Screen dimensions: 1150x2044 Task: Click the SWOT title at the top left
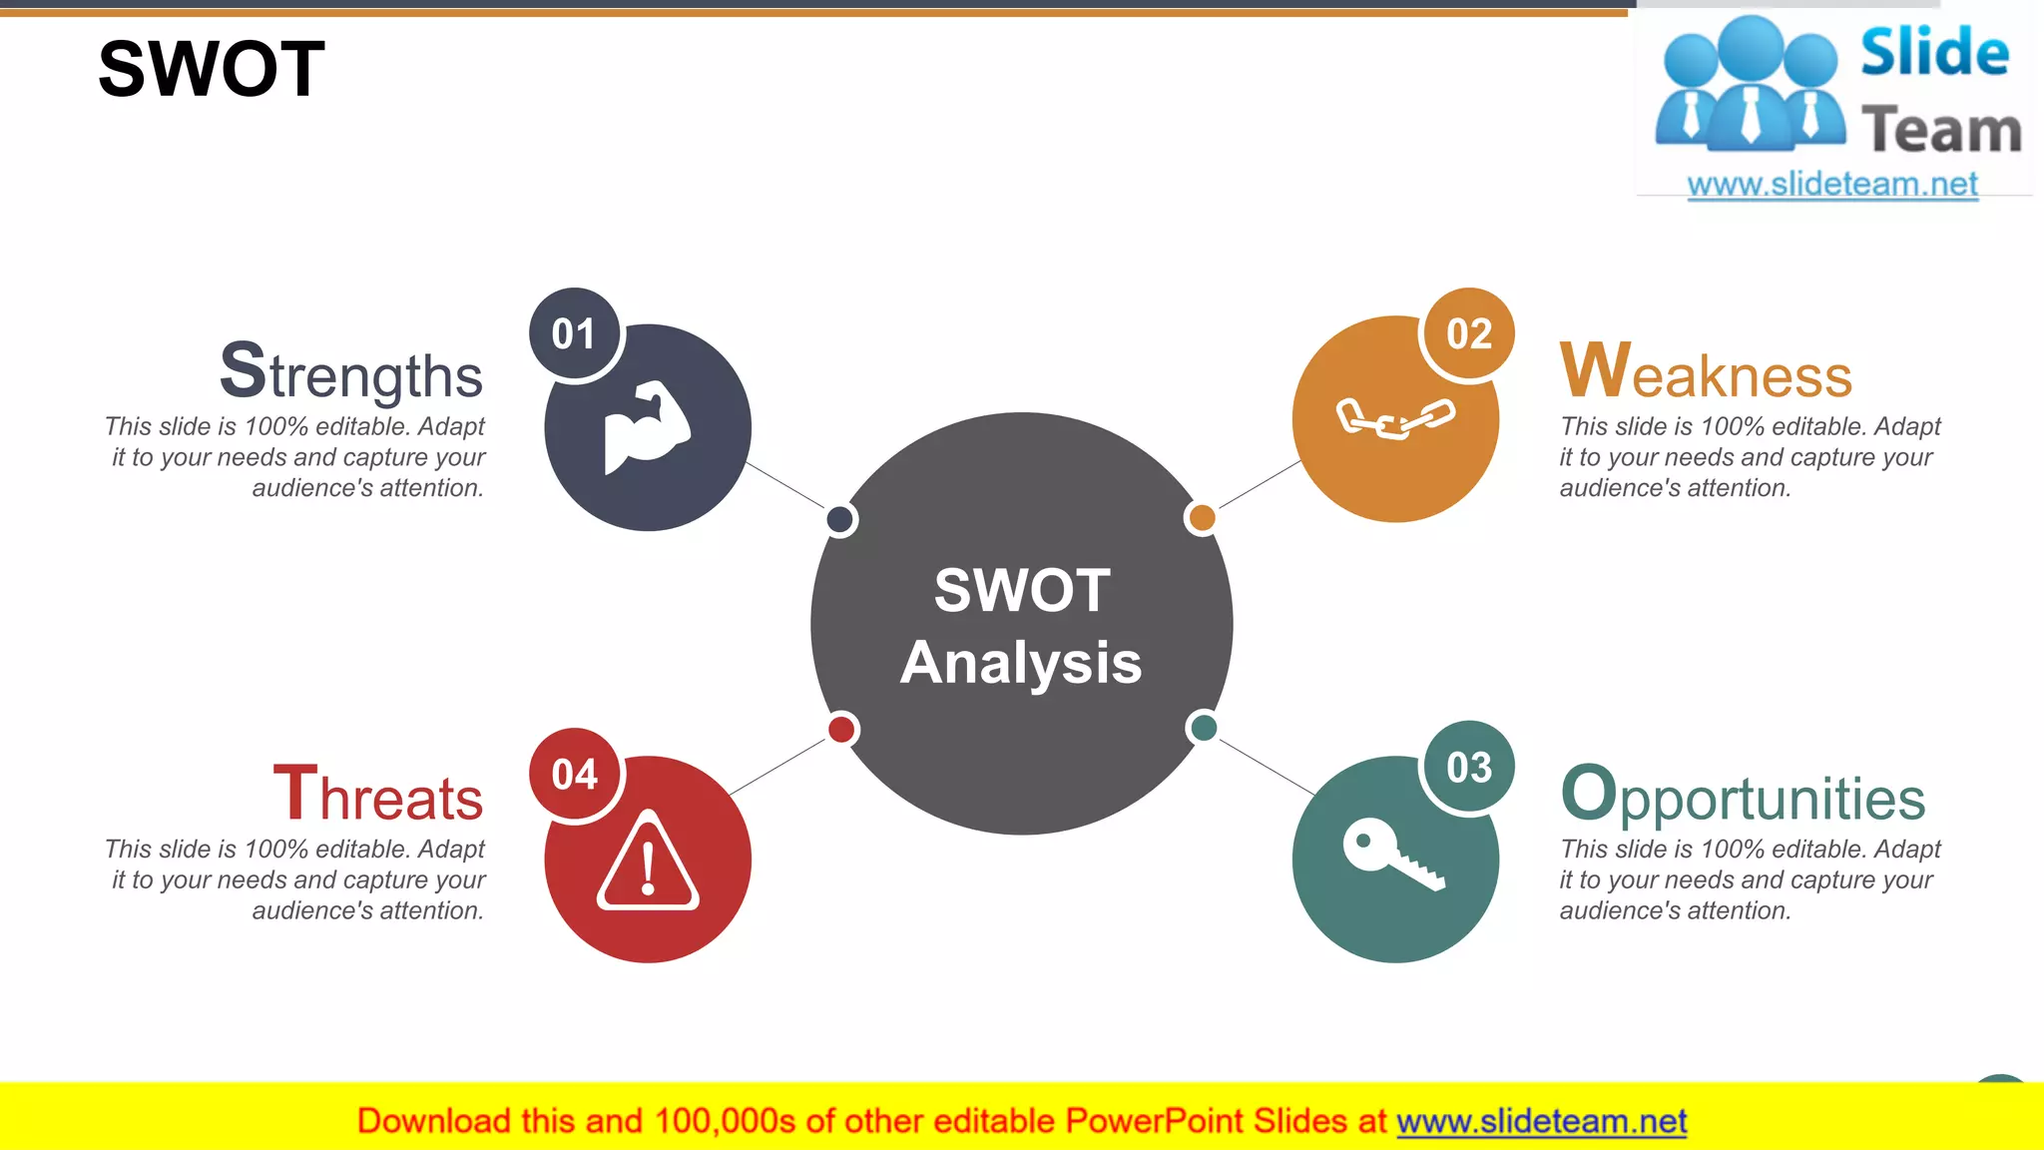click(x=212, y=69)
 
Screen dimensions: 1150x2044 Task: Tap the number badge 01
click(x=574, y=334)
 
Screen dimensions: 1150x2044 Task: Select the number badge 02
click(x=1468, y=334)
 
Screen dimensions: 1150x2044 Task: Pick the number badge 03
click(x=1468, y=768)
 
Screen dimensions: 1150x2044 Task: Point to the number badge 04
click(x=574, y=775)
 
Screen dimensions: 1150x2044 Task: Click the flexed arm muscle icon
click(x=648, y=427)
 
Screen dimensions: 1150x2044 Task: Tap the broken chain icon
click(x=1395, y=418)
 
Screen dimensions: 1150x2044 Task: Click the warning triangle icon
click(x=648, y=862)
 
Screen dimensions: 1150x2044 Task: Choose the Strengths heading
click(x=351, y=372)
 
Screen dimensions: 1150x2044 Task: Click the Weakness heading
click(x=1706, y=372)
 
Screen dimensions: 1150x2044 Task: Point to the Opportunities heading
click(x=1743, y=796)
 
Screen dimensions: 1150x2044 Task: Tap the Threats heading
click(x=378, y=796)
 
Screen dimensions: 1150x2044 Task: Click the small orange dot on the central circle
click(x=1203, y=517)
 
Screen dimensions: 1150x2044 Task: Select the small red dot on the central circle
click(x=841, y=729)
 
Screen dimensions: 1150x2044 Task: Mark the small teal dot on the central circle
click(x=1204, y=727)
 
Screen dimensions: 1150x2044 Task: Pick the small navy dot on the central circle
click(x=840, y=519)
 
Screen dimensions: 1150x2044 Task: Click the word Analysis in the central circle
click(x=1021, y=663)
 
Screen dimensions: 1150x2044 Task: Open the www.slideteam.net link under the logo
click(x=1832, y=185)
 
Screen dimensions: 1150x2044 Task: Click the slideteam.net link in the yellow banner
click(x=1541, y=1122)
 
